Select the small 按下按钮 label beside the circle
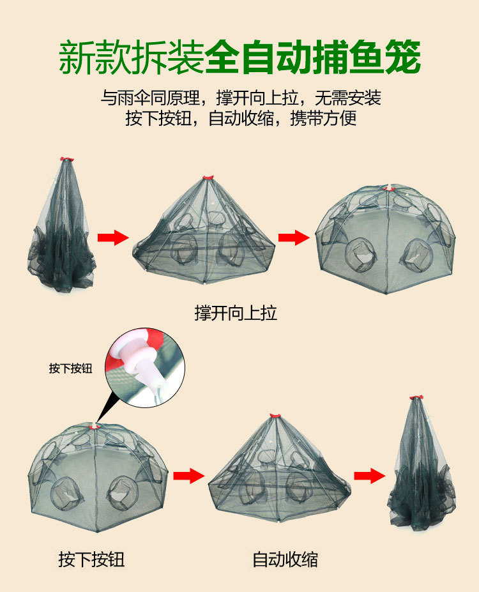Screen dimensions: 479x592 click(x=71, y=368)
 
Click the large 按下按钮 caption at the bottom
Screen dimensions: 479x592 click(x=91, y=560)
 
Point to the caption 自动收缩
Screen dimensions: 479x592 click(x=285, y=560)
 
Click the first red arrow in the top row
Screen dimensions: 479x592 click(x=112, y=238)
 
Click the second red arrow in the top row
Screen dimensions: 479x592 click(x=293, y=238)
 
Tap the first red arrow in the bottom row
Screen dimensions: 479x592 click(x=188, y=475)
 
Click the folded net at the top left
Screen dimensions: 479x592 click(x=62, y=230)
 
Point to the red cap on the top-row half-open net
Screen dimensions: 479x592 click(x=207, y=178)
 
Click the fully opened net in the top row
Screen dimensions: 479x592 click(x=386, y=239)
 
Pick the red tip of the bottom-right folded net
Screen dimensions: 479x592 click(x=416, y=398)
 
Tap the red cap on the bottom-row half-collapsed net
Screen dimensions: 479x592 click(x=275, y=416)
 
